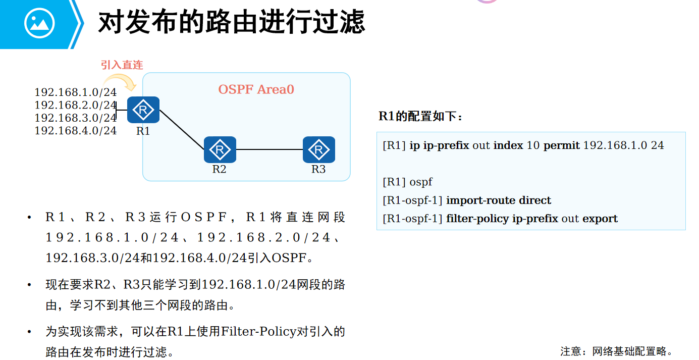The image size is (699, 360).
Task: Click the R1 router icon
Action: pos(143,110)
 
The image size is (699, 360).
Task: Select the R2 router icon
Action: pos(220,149)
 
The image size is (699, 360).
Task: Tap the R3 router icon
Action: pos(318,149)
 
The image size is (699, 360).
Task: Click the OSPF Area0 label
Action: pos(256,90)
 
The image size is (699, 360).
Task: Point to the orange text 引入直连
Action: pos(122,65)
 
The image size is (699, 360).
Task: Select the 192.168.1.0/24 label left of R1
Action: pos(75,92)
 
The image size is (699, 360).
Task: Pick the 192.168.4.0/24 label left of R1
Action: pos(75,131)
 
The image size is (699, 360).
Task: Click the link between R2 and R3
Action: pos(269,149)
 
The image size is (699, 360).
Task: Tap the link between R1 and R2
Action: pos(182,130)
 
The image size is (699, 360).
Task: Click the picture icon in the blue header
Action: pos(39,23)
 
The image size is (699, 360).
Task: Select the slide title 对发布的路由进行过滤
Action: pos(231,23)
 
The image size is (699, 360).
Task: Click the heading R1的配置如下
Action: pos(420,117)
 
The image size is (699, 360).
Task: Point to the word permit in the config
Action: pos(561,145)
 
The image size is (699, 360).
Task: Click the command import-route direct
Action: pos(499,200)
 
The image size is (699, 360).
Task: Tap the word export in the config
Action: pos(600,219)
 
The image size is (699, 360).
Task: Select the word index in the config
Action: pos(508,145)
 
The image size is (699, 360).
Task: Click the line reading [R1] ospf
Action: pos(407,182)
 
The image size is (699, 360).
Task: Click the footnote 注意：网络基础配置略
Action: pos(616,351)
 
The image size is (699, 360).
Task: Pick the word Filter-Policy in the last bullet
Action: pos(258,332)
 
